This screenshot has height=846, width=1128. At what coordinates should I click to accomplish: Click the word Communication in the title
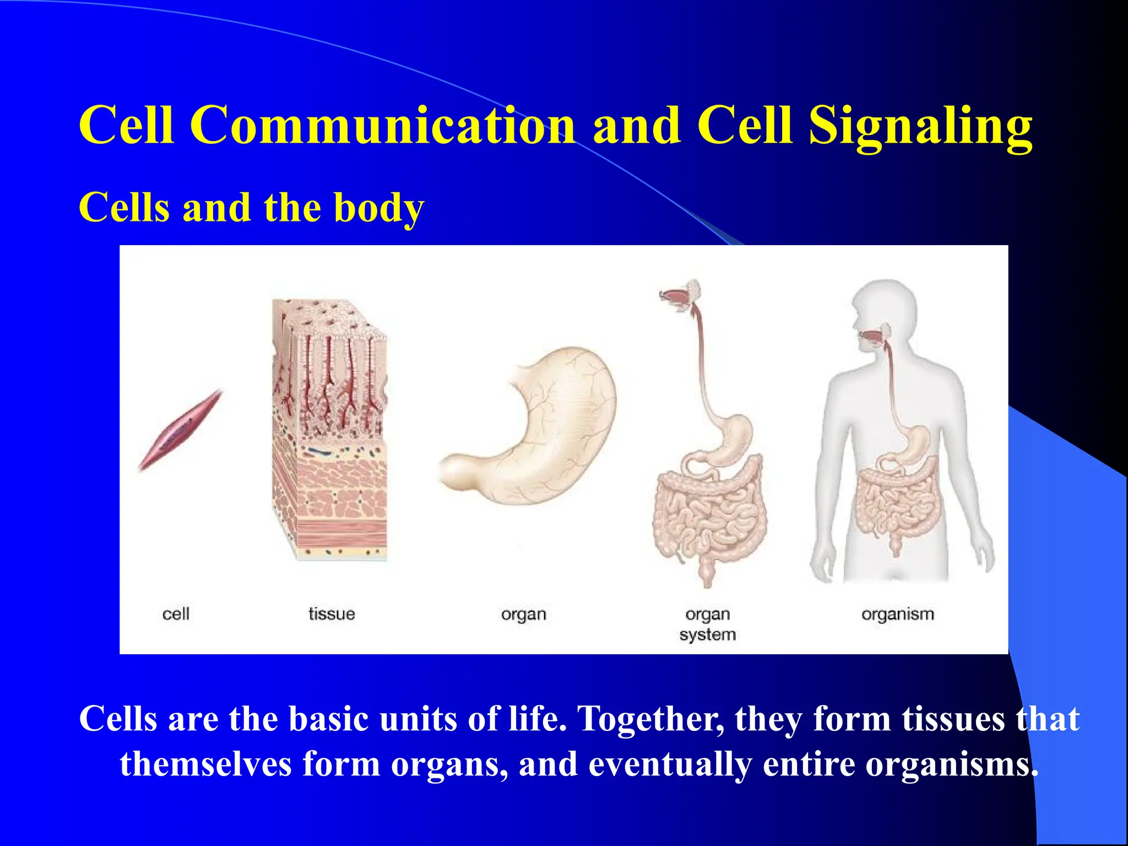[383, 126]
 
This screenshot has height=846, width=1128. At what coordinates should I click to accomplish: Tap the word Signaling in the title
[920, 126]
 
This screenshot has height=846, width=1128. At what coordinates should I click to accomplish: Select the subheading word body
[379, 208]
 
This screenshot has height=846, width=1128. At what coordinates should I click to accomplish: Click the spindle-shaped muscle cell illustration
[180, 430]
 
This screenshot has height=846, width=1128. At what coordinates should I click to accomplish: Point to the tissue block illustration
[330, 430]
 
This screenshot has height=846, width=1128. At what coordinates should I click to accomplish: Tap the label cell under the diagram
[176, 614]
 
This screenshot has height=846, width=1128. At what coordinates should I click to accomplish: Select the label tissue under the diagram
[332, 614]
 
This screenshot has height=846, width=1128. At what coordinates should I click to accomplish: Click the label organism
[898, 614]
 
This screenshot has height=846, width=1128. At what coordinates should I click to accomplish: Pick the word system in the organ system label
[708, 634]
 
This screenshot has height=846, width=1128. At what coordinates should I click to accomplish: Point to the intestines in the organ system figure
[708, 518]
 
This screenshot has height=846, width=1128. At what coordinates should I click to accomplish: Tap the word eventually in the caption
[670, 764]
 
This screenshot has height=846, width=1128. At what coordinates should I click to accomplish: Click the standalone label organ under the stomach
[523, 614]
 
